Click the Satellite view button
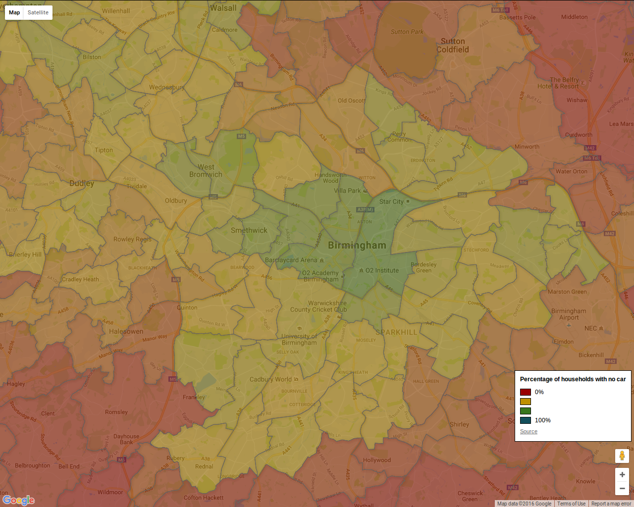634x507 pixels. pyautogui.click(x=38, y=12)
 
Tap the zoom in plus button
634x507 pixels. pyautogui.click(x=622, y=474)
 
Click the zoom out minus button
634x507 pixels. pyautogui.click(x=622, y=488)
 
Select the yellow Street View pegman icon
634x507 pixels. pyautogui.click(x=622, y=456)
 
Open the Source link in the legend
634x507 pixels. pyautogui.click(x=528, y=431)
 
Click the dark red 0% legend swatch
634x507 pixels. pyautogui.click(x=526, y=392)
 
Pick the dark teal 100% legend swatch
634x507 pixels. pyautogui.click(x=526, y=420)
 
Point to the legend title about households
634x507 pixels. pyautogui.click(x=573, y=379)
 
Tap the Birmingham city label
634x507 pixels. pyautogui.click(x=357, y=245)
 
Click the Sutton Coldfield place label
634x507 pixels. pyautogui.click(x=452, y=46)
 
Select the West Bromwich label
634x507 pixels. pyautogui.click(x=206, y=171)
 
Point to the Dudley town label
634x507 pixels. pyautogui.click(x=82, y=183)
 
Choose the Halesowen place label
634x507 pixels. pyautogui.click(x=126, y=331)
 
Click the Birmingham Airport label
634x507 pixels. pyautogui.click(x=569, y=314)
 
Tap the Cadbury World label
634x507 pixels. pyautogui.click(x=270, y=379)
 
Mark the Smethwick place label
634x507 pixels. pyautogui.click(x=249, y=230)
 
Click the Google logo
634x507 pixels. pyautogui.click(x=18, y=500)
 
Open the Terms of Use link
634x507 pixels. pyautogui.click(x=571, y=504)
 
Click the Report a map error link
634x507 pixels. pyautogui.click(x=611, y=504)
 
